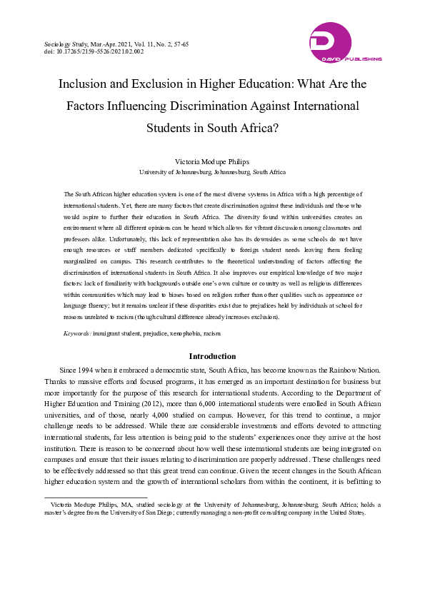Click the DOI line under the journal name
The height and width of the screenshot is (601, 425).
(94, 52)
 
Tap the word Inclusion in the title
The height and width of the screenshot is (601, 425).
(85, 84)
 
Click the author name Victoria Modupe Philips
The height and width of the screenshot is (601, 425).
(212, 162)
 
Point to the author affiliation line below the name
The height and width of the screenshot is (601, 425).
(212, 172)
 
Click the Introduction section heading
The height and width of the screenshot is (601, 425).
(212, 356)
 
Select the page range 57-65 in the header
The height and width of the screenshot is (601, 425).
(180, 44)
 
